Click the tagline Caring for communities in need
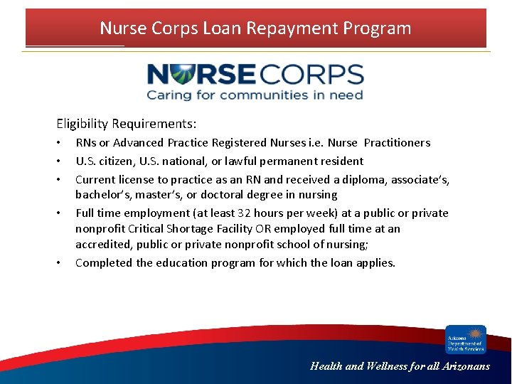coord(255,95)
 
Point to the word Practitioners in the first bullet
coord(397,143)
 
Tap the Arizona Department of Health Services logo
coord(466,339)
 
